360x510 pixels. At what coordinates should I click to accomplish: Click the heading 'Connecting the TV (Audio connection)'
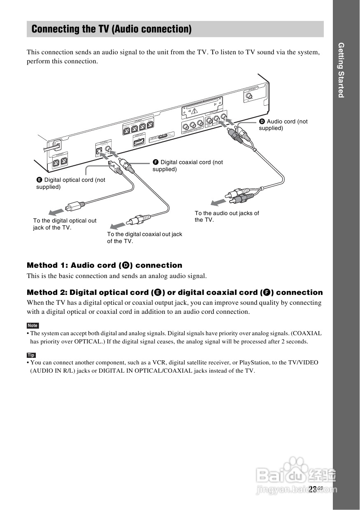click(111, 29)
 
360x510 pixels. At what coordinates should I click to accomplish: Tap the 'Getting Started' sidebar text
click(341, 70)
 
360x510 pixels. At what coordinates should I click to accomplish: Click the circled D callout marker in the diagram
click(262, 121)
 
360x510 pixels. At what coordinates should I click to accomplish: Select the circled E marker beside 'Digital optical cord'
click(39, 180)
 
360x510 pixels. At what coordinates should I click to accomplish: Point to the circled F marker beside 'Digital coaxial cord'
click(156, 162)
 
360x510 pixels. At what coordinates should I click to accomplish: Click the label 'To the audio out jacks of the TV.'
click(227, 216)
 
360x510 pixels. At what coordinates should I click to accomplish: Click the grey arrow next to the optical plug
click(54, 212)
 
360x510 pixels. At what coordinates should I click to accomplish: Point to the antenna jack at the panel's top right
click(249, 98)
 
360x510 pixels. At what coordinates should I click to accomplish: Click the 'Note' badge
click(33, 325)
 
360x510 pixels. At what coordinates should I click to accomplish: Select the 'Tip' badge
click(31, 355)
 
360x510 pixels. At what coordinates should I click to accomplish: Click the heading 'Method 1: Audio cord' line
click(105, 265)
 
